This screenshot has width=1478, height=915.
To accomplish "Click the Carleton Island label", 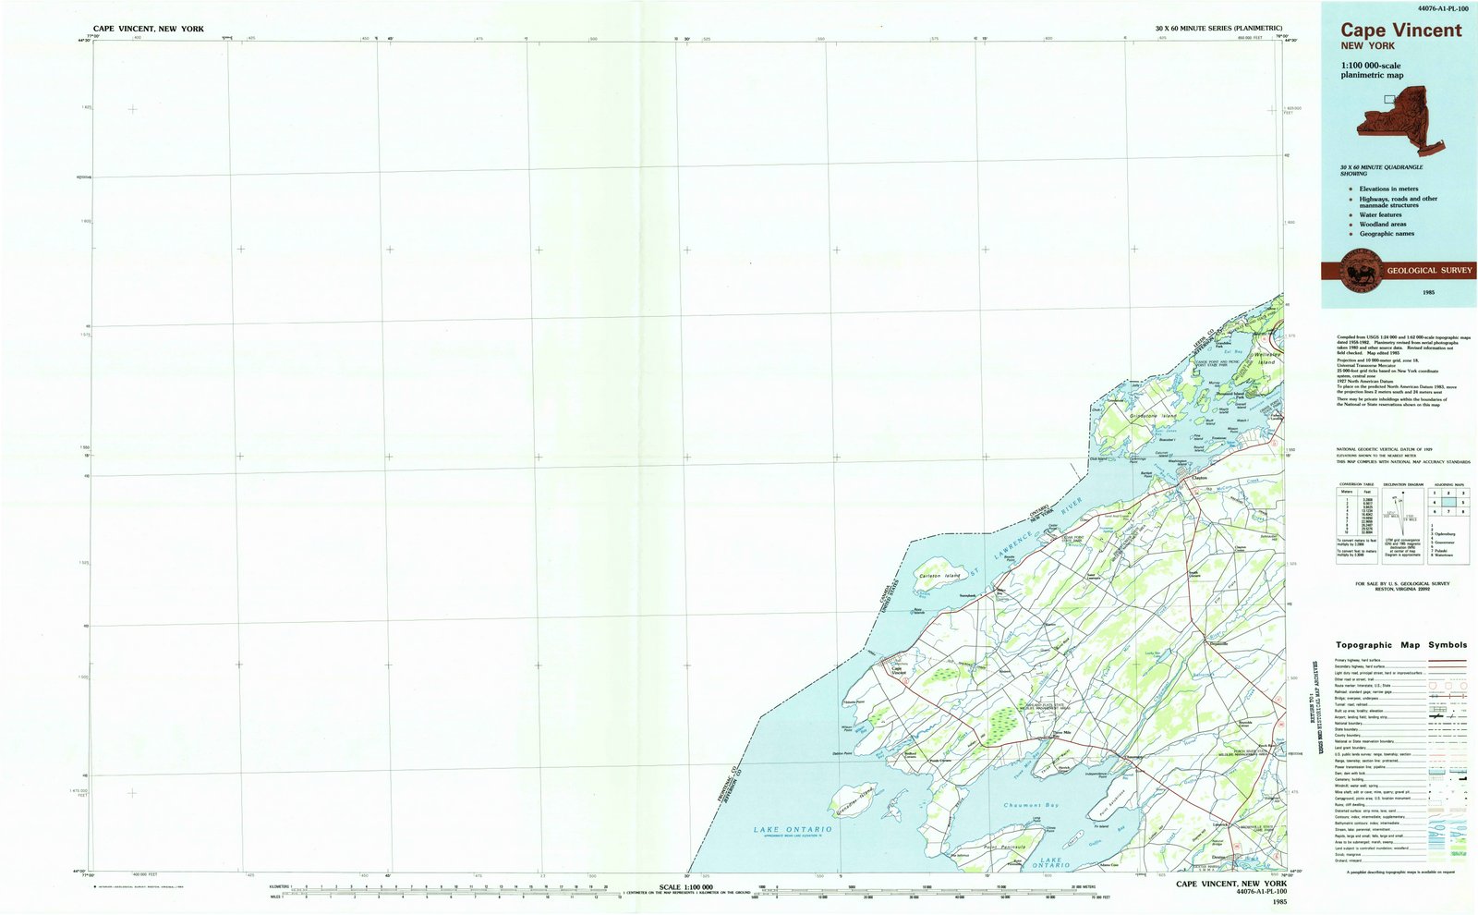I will pos(939,576).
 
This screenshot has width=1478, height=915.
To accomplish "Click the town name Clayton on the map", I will pos(1199,478).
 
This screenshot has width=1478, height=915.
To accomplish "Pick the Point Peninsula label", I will pos(1006,847).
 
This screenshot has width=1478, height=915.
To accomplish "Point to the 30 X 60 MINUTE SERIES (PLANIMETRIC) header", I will pos(1218,30).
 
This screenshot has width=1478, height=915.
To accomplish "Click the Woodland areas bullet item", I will pos(1382,225).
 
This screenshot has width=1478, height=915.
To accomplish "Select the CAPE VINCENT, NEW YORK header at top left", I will pos(149,30).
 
